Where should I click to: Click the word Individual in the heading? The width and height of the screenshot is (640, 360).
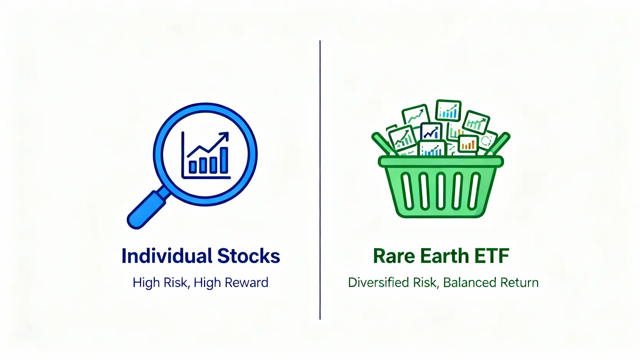pos(167,256)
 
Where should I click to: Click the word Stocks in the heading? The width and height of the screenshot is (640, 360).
pos(249,256)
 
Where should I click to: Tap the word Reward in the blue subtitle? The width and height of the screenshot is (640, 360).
pos(246,282)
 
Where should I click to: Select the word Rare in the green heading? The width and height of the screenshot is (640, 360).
pos(393,256)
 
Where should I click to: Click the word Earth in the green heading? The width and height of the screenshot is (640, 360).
pos(444,256)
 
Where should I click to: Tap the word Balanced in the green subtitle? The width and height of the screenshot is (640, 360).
pos(464,282)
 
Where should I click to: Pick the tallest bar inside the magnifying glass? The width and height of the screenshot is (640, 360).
pos(224,160)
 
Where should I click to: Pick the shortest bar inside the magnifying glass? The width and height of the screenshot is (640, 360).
pos(193,167)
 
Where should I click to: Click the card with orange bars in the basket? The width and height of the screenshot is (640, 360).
pos(468,144)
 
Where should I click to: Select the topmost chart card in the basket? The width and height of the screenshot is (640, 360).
pos(448,110)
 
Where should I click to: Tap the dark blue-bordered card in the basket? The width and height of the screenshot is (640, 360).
pos(431,132)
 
